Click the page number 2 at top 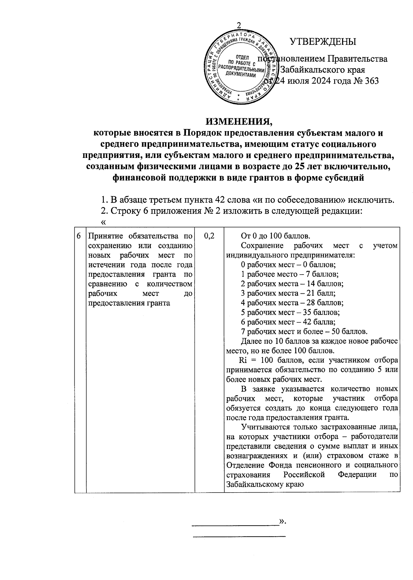pyautogui.click(x=239, y=25)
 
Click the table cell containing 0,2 pyautogui.click(x=209, y=236)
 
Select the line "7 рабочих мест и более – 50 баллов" pyautogui.click(x=304, y=332)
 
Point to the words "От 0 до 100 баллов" pyautogui.click(x=276, y=236)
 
